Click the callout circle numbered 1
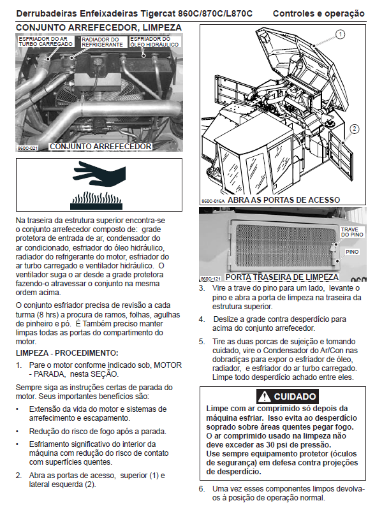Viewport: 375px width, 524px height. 339,34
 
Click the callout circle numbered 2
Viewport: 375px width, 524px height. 354,129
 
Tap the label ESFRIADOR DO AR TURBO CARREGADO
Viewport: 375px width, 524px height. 45,41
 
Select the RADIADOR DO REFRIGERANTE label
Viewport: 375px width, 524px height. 102,42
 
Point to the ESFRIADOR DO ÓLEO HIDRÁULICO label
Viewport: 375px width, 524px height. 154,42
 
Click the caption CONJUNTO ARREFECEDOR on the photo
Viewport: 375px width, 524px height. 100,147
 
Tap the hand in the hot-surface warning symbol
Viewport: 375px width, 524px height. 99,174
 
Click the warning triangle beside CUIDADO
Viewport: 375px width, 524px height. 265,397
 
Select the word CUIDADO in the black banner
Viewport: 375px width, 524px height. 295,397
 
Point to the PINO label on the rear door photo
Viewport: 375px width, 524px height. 352,252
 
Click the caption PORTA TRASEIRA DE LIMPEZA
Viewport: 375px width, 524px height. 282,277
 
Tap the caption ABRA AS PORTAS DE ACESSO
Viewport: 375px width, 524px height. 284,200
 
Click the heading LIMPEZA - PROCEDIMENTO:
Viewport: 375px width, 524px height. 67,353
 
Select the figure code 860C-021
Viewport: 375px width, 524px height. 27,148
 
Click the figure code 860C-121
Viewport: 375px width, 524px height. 211,279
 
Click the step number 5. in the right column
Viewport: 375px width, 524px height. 202,342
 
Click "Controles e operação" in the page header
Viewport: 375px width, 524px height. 318,13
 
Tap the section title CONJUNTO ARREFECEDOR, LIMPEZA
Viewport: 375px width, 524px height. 99,27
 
